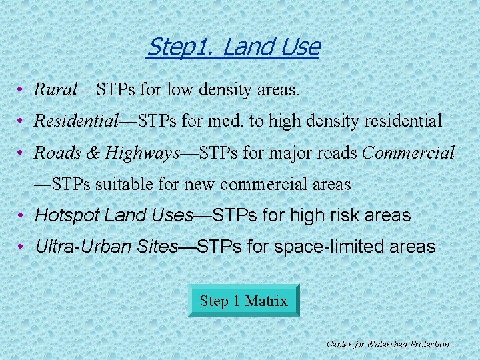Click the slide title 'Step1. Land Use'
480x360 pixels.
pos(233,47)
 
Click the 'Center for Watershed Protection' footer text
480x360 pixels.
pos(387,344)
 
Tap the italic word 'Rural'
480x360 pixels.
pos(56,89)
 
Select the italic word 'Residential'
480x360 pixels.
pos(76,121)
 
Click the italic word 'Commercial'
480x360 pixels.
pos(408,153)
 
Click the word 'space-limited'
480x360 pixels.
pos(323,247)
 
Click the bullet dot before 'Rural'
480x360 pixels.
pos(22,89)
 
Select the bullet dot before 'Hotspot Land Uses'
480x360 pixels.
pos(22,216)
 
